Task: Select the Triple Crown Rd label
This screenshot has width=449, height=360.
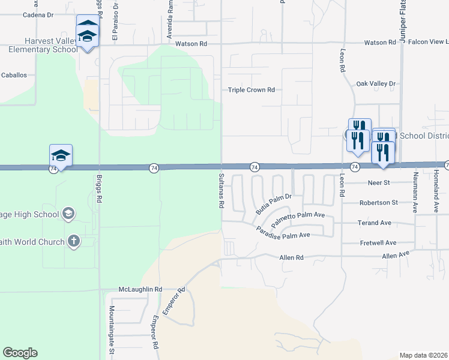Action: pyautogui.click(x=251, y=90)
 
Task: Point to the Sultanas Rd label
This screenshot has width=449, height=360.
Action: pyautogui.click(x=221, y=189)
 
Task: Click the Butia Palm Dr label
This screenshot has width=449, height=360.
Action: pyautogui.click(x=273, y=203)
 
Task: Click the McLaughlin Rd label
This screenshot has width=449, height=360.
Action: pyautogui.click(x=140, y=289)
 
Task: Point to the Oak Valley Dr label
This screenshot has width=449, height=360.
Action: pyautogui.click(x=376, y=84)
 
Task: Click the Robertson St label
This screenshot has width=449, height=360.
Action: pyautogui.click(x=378, y=203)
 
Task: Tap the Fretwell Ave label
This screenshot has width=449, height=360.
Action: pyautogui.click(x=378, y=243)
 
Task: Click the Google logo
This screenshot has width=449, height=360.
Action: pyautogui.click(x=20, y=353)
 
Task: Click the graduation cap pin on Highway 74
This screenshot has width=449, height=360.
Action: pyautogui.click(x=61, y=155)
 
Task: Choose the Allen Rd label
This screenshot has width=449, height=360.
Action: pyautogui.click(x=292, y=257)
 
